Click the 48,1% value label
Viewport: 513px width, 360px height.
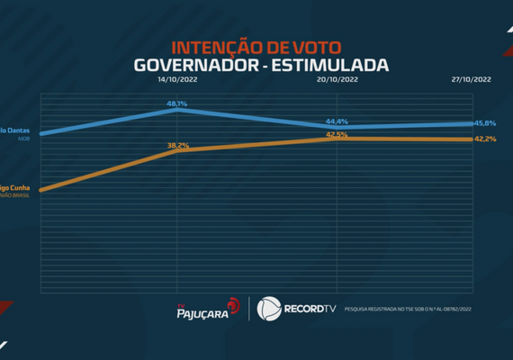[x=176, y=104]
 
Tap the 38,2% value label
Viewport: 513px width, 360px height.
[x=177, y=145]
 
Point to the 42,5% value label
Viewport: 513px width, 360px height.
[x=337, y=134]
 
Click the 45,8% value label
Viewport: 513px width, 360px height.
[x=485, y=122]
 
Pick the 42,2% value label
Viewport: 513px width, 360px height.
[x=485, y=139]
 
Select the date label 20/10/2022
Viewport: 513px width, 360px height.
[x=337, y=80]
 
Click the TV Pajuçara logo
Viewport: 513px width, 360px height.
[x=206, y=309]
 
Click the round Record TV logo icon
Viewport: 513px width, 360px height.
[x=269, y=309]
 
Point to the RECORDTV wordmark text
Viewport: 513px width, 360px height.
[x=311, y=309]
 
